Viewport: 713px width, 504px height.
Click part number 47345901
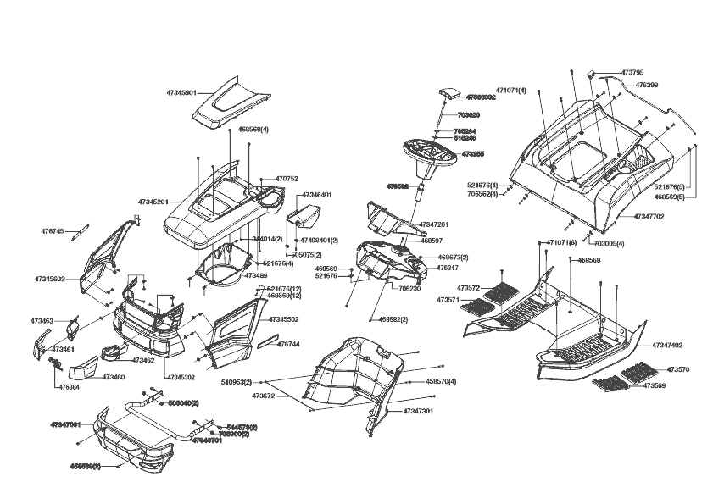coord(181,92)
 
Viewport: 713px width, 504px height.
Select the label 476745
coord(53,230)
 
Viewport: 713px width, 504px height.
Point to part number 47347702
coord(649,217)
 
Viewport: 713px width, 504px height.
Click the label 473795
coord(632,73)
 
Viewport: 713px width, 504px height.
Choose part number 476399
coord(646,85)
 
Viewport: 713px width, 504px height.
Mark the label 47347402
coord(667,346)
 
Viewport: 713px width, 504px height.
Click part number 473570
coord(677,370)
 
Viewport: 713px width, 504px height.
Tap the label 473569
coord(654,385)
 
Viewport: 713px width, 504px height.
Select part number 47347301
coord(418,411)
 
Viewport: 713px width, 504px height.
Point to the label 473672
coord(263,396)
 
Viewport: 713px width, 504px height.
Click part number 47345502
coord(283,319)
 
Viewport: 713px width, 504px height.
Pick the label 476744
coord(289,345)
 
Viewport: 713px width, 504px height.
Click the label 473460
coord(114,377)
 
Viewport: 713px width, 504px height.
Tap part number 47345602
coord(50,279)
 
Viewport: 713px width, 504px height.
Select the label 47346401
coord(316,195)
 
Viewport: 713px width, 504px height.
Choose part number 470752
coord(287,179)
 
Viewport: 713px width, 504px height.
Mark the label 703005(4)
coord(609,244)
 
